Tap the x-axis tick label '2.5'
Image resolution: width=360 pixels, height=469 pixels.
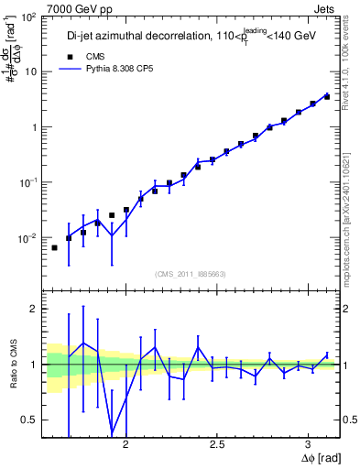coord(218,444)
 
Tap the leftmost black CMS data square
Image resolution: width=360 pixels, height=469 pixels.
coord(54,247)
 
